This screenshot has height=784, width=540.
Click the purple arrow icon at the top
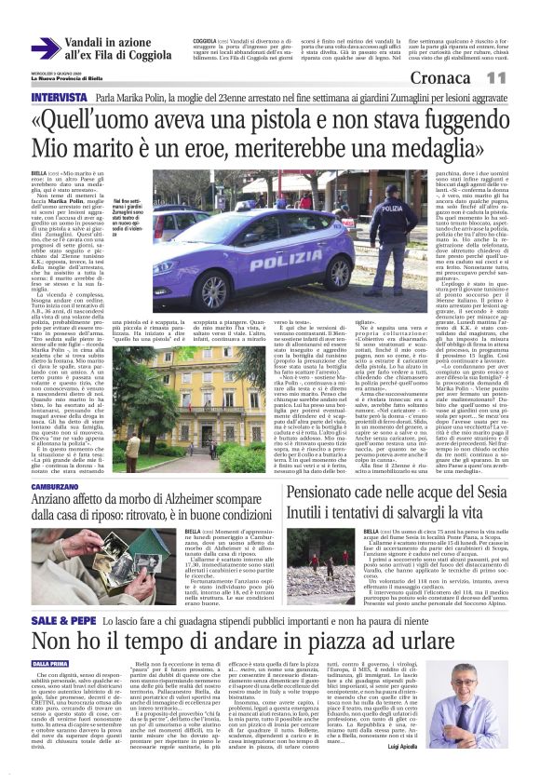46,49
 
